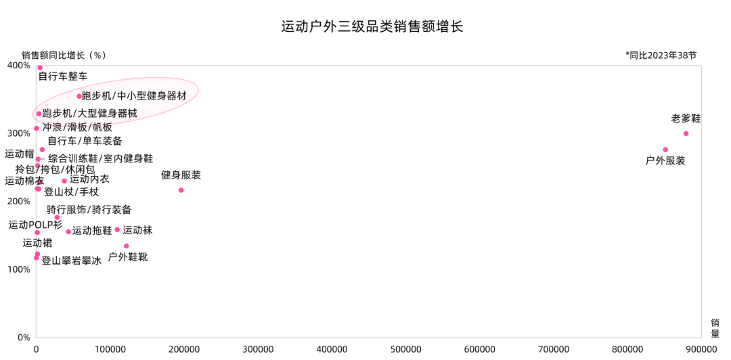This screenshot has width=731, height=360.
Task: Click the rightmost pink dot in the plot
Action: pyautogui.click(x=686, y=133)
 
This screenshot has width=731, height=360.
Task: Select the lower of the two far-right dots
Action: pyautogui.click(x=665, y=150)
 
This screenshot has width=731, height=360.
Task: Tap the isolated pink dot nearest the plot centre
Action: pyautogui.click(x=181, y=190)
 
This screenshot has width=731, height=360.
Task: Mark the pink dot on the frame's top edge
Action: pyautogui.click(x=40, y=67)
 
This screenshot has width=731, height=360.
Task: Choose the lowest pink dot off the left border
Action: pyautogui.click(x=126, y=246)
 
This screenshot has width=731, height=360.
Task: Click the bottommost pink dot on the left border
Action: pyautogui.click(x=36, y=257)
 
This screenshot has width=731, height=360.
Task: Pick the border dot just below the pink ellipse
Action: pyautogui.click(x=37, y=128)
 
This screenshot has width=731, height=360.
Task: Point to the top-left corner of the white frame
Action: pyautogui.click(x=36, y=66)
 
